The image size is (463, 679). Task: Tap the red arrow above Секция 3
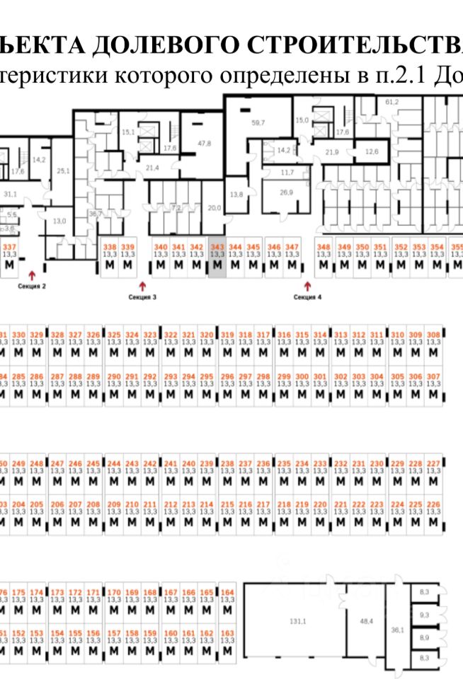pos(142,286)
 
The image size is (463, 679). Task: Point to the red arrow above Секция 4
pos(307,286)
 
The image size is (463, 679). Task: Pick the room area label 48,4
pos(367,620)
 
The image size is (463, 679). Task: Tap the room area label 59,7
pos(258,123)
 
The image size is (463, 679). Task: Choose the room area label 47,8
pos(204,143)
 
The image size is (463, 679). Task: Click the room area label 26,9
pos(287,192)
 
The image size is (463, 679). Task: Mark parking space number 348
pos(324,247)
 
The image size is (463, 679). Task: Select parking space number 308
pos(434,334)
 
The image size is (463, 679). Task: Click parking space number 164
pos(227,592)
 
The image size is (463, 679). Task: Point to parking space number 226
pos(434,504)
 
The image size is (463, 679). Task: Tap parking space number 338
pos(109,247)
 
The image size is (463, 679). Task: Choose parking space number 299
pos(283,376)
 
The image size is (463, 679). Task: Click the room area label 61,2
pos(391,102)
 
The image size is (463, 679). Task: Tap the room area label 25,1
pos(64,170)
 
